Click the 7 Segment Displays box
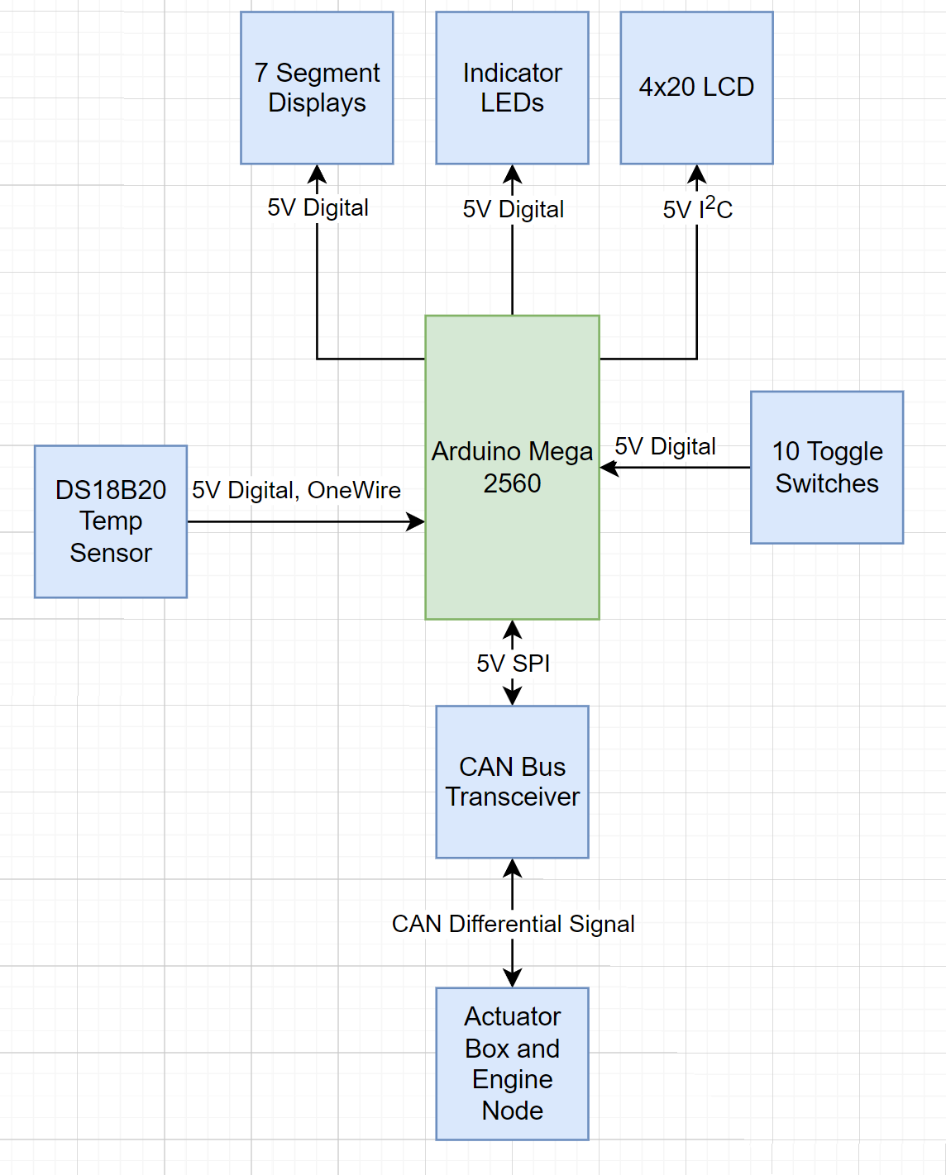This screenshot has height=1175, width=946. tap(317, 88)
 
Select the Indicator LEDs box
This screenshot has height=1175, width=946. tap(512, 88)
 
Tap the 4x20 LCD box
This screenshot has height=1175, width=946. tap(696, 88)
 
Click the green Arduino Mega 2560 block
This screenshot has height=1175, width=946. tap(512, 467)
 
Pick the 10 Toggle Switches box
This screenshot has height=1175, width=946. tap(827, 467)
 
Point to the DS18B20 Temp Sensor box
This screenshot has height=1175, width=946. tap(111, 521)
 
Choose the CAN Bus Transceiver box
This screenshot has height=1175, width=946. tap(512, 782)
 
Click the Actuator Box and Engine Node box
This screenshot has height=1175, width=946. tap(512, 1063)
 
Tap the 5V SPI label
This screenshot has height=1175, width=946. tap(513, 664)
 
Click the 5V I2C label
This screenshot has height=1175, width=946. tap(697, 208)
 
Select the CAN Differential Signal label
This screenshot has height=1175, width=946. tap(513, 924)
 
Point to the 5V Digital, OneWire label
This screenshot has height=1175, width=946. tap(296, 490)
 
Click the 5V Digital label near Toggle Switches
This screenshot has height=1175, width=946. tap(665, 447)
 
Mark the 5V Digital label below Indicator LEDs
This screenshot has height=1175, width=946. tap(513, 209)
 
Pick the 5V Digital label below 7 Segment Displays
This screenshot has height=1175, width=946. tap(318, 207)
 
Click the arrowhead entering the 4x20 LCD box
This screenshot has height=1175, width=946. tap(697, 174)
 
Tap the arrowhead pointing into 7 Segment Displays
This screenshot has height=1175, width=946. tap(317, 174)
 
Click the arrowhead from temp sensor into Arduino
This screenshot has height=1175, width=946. tap(415, 521)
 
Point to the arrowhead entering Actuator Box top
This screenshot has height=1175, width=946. tap(513, 978)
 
